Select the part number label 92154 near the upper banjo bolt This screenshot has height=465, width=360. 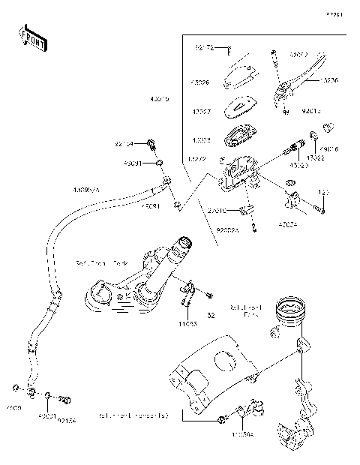(x=124, y=143)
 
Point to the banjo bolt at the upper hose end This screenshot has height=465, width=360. (x=154, y=144)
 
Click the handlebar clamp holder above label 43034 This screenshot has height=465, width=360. (x=292, y=201)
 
